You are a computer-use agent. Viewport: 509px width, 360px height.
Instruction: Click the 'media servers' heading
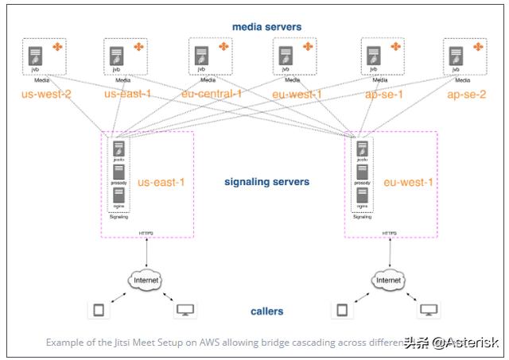(266, 27)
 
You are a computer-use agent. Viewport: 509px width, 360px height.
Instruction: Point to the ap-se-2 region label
(467, 95)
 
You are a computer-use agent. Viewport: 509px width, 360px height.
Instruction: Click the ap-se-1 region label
(383, 95)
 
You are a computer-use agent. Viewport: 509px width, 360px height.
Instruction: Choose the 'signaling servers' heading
(266, 182)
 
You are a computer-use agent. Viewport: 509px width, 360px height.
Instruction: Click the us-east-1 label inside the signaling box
(161, 182)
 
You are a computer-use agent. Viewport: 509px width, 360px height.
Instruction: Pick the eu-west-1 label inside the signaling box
(410, 182)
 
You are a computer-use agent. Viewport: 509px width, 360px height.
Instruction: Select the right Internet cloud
(388, 280)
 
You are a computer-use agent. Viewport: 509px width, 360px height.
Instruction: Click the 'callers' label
(266, 312)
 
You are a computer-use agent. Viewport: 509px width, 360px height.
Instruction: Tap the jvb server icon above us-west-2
(36, 56)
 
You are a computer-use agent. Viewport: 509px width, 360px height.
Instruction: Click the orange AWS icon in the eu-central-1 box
(223, 47)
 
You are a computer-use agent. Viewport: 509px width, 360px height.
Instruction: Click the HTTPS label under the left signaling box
(146, 233)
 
